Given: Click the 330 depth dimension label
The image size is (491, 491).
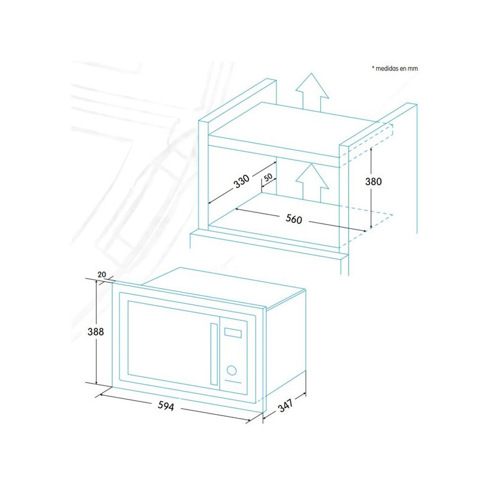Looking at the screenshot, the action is (x=242, y=181).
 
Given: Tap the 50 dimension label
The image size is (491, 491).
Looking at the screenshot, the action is (x=268, y=177).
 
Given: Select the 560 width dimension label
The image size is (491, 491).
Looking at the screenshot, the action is (x=294, y=219).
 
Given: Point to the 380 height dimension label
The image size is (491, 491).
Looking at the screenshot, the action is (x=373, y=181).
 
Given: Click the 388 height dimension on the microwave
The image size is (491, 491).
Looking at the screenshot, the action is (x=96, y=331).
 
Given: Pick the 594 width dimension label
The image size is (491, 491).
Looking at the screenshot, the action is (x=166, y=406).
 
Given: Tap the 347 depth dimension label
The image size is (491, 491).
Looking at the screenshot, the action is (x=285, y=405).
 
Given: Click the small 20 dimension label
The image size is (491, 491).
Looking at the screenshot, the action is (x=102, y=274).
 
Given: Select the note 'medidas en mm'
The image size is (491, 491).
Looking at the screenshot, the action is (x=396, y=68).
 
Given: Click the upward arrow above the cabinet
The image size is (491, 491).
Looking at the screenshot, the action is (x=312, y=91).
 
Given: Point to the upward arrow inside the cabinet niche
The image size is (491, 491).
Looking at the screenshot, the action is (x=312, y=182).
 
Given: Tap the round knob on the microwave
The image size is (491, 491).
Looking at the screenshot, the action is (x=232, y=371).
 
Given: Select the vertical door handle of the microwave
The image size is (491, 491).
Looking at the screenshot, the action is (x=214, y=354).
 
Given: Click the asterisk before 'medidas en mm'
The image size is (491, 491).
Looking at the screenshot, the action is (x=373, y=67).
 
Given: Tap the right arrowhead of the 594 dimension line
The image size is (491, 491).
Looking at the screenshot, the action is (x=249, y=421).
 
